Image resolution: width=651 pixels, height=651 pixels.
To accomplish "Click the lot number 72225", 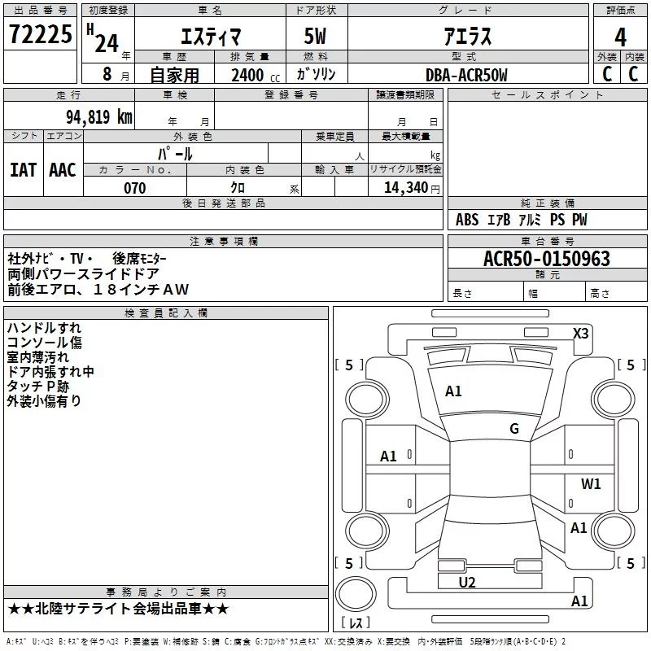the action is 40,34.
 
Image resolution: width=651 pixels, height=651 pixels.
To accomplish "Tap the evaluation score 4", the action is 620,37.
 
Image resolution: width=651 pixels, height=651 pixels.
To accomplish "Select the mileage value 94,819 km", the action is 99,117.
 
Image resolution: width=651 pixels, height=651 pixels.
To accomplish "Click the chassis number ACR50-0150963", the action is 547,258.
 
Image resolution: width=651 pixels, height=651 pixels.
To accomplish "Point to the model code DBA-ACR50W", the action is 466,75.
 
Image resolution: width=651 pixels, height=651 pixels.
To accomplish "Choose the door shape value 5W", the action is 315,36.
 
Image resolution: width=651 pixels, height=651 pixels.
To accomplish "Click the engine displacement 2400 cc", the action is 256,75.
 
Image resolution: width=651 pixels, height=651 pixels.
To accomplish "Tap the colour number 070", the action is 135,188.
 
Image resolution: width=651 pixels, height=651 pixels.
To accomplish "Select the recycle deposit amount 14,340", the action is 406,188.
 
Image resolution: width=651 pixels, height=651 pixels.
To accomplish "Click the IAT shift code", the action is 24,170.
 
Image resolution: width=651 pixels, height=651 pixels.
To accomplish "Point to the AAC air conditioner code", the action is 63,170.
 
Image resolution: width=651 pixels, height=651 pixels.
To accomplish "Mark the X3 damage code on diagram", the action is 580,334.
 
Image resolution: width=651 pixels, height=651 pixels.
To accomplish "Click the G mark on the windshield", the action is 514,429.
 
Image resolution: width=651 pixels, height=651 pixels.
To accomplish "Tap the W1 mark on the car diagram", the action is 591,483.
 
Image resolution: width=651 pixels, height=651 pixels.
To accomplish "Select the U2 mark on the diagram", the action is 467,583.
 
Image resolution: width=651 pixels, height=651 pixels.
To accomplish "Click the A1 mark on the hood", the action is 453,391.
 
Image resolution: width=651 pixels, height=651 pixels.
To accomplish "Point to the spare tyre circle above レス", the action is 356,593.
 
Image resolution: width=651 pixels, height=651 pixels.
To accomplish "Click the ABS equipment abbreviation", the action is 467,220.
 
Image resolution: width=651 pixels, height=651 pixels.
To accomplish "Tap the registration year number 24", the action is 107,43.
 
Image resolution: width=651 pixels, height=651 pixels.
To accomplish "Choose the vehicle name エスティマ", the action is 211,37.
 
